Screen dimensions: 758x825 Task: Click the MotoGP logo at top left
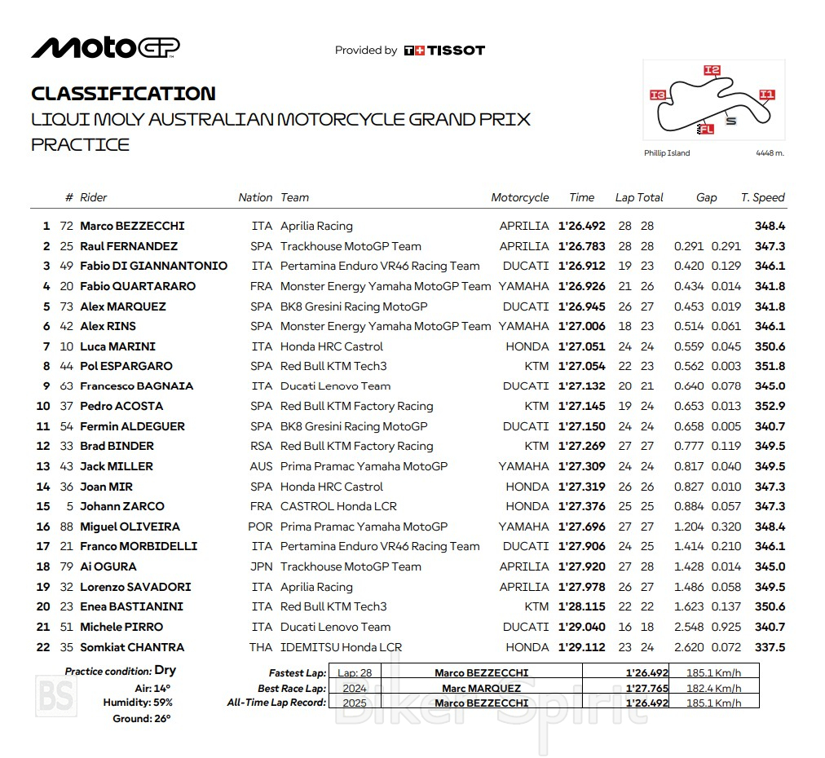coord(105,48)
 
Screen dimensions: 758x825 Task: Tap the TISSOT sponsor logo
coord(444,51)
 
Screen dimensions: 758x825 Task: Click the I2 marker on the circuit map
coord(712,71)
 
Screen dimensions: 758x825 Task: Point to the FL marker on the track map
coord(705,129)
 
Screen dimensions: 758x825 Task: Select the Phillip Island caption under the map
coord(666,153)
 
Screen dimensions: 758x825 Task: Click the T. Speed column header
coord(762,197)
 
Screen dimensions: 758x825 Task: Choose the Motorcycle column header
coord(520,197)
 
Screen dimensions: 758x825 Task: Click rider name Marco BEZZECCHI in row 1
coord(132,226)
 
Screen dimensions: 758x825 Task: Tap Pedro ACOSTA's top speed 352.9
coord(770,406)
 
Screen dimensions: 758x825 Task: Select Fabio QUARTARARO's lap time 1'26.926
coord(581,286)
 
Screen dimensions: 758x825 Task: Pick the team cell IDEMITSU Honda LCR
coord(341,647)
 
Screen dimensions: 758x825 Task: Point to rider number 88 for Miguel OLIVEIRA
coord(66,527)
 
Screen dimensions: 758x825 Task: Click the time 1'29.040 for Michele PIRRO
coord(581,627)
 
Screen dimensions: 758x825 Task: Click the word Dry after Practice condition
coord(165,671)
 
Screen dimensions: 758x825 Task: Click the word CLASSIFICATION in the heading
coord(123,94)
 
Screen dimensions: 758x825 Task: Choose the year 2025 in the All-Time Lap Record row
coord(355,703)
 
